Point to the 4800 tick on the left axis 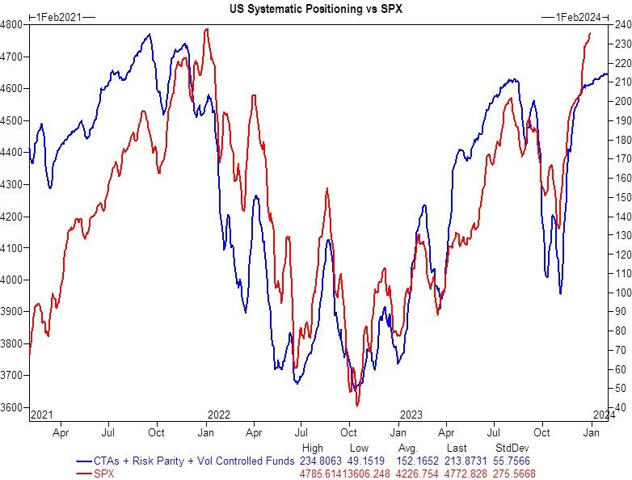pos(13,25)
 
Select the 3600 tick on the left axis pos(13,407)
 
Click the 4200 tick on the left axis pos(13,217)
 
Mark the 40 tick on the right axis pos(618,407)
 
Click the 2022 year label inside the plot pos(218,414)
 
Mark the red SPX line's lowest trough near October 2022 pos(356,405)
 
